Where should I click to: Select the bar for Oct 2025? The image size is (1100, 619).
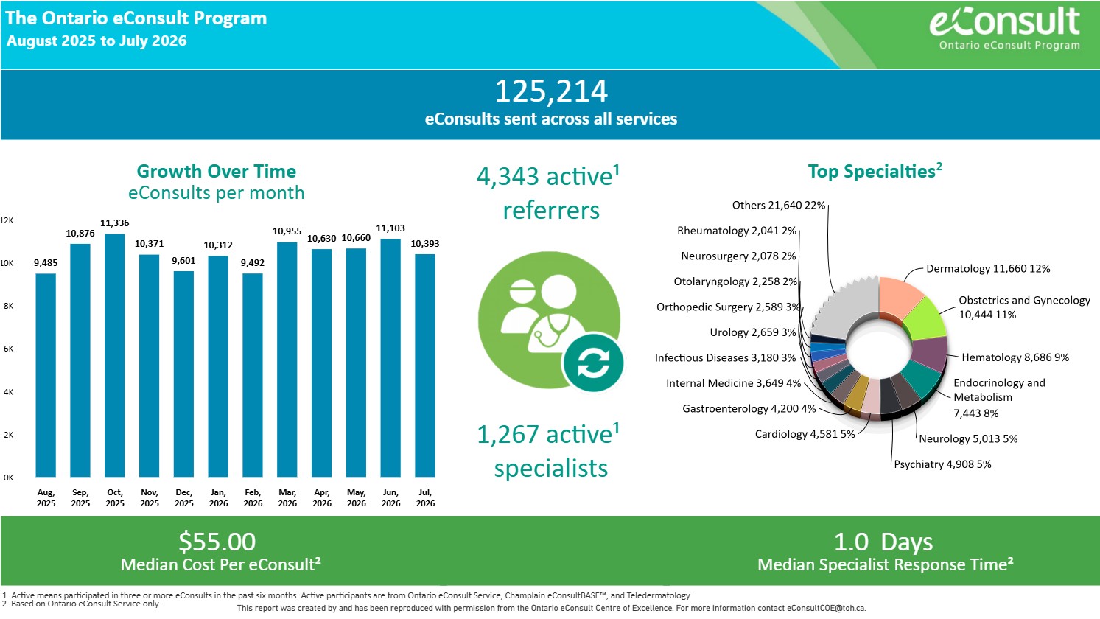click(114, 355)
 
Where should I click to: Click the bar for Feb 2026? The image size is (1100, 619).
click(253, 375)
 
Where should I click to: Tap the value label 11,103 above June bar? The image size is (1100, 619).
click(390, 228)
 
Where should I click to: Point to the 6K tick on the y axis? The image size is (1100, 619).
click(8, 349)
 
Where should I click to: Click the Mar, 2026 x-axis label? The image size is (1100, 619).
click(287, 497)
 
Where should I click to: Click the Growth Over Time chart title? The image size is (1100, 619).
click(216, 171)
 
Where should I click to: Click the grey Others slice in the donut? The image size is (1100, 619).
click(844, 309)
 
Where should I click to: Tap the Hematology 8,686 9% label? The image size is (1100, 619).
click(1015, 357)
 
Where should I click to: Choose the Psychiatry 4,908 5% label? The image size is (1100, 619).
click(942, 464)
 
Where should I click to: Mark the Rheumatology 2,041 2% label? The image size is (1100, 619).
click(737, 231)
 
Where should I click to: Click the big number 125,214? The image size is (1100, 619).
click(551, 91)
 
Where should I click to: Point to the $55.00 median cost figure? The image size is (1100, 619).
click(217, 542)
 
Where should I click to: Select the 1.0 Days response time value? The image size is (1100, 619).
click(883, 542)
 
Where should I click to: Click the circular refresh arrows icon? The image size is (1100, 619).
click(593, 363)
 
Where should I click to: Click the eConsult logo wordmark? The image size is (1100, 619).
click(1005, 21)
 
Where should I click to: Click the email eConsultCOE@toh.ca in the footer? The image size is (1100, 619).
click(826, 608)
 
